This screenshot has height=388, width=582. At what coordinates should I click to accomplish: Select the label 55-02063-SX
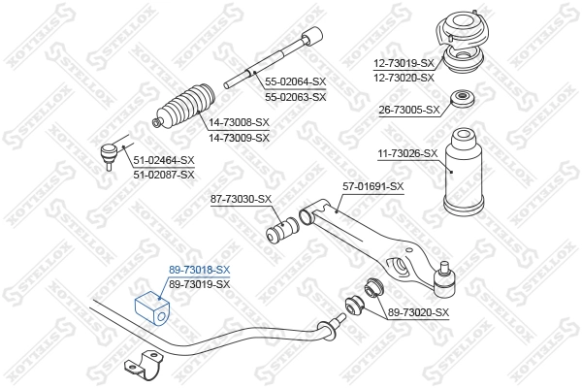295,97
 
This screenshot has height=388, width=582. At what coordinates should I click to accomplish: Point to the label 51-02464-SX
164,160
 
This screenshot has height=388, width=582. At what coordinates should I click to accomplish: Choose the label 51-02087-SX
164,174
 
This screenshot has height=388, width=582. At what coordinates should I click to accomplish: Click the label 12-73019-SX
404,63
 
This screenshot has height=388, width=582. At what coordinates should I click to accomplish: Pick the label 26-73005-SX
409,110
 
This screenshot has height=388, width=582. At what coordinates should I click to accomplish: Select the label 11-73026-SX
407,152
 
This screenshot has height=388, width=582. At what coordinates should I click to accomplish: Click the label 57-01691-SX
372,186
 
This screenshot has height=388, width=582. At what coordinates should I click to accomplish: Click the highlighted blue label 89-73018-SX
200,270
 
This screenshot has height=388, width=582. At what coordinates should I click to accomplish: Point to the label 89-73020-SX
418,311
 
